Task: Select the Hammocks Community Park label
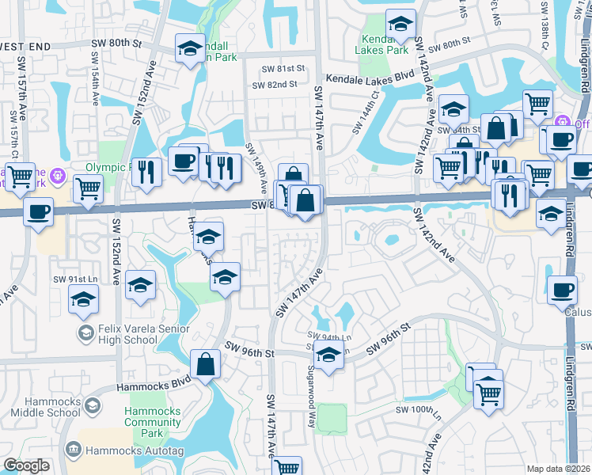tap(153, 423)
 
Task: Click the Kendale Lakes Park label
tap(384, 45)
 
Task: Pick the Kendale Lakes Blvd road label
tap(370, 75)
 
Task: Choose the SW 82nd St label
tap(274, 85)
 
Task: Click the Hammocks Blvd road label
tap(154, 384)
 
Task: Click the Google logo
tap(26, 465)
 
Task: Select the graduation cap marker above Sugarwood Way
tap(329, 353)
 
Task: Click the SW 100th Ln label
tap(416, 409)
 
